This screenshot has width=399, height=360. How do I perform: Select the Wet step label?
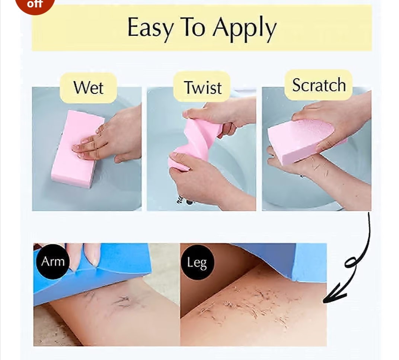(x=88, y=88)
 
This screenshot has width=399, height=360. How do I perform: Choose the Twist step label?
(x=202, y=88)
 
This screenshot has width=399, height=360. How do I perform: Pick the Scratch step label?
(x=319, y=85)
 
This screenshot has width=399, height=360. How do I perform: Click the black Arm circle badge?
(x=52, y=261)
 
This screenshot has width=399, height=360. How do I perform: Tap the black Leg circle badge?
(x=197, y=263)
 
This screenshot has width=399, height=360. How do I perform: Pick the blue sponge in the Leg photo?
(x=298, y=260)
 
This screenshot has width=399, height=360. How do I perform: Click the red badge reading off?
(x=35, y=4)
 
